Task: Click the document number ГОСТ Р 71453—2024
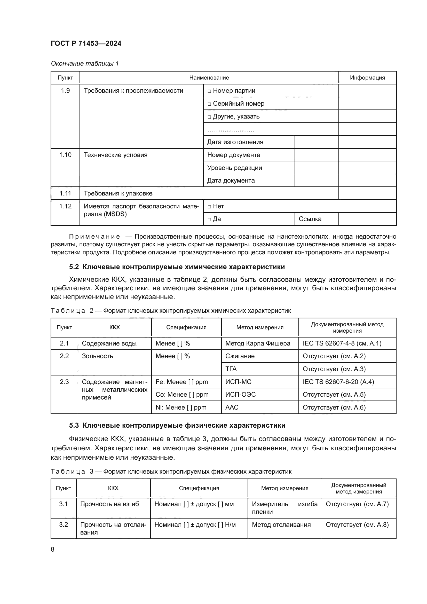click(x=86, y=43)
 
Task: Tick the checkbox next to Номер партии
click(x=209, y=91)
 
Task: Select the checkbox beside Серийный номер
click(x=209, y=104)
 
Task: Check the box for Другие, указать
click(x=209, y=117)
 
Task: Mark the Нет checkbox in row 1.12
click(x=209, y=207)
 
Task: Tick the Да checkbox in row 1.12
click(x=209, y=219)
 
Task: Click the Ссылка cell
click(x=310, y=219)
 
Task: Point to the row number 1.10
click(x=65, y=155)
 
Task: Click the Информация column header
click(x=367, y=78)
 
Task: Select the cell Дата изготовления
click(x=235, y=142)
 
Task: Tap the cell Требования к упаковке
click(x=118, y=193)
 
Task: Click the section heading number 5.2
click(x=74, y=267)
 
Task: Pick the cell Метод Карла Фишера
click(x=258, y=343)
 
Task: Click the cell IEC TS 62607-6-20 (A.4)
click(x=338, y=382)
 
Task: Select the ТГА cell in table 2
click(x=231, y=369)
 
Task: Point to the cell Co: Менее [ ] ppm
click(x=182, y=395)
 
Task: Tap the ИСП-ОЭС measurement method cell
click(x=240, y=395)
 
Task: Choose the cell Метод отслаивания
click(x=281, y=524)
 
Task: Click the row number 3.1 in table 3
click(x=63, y=504)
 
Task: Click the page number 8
click(x=53, y=549)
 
